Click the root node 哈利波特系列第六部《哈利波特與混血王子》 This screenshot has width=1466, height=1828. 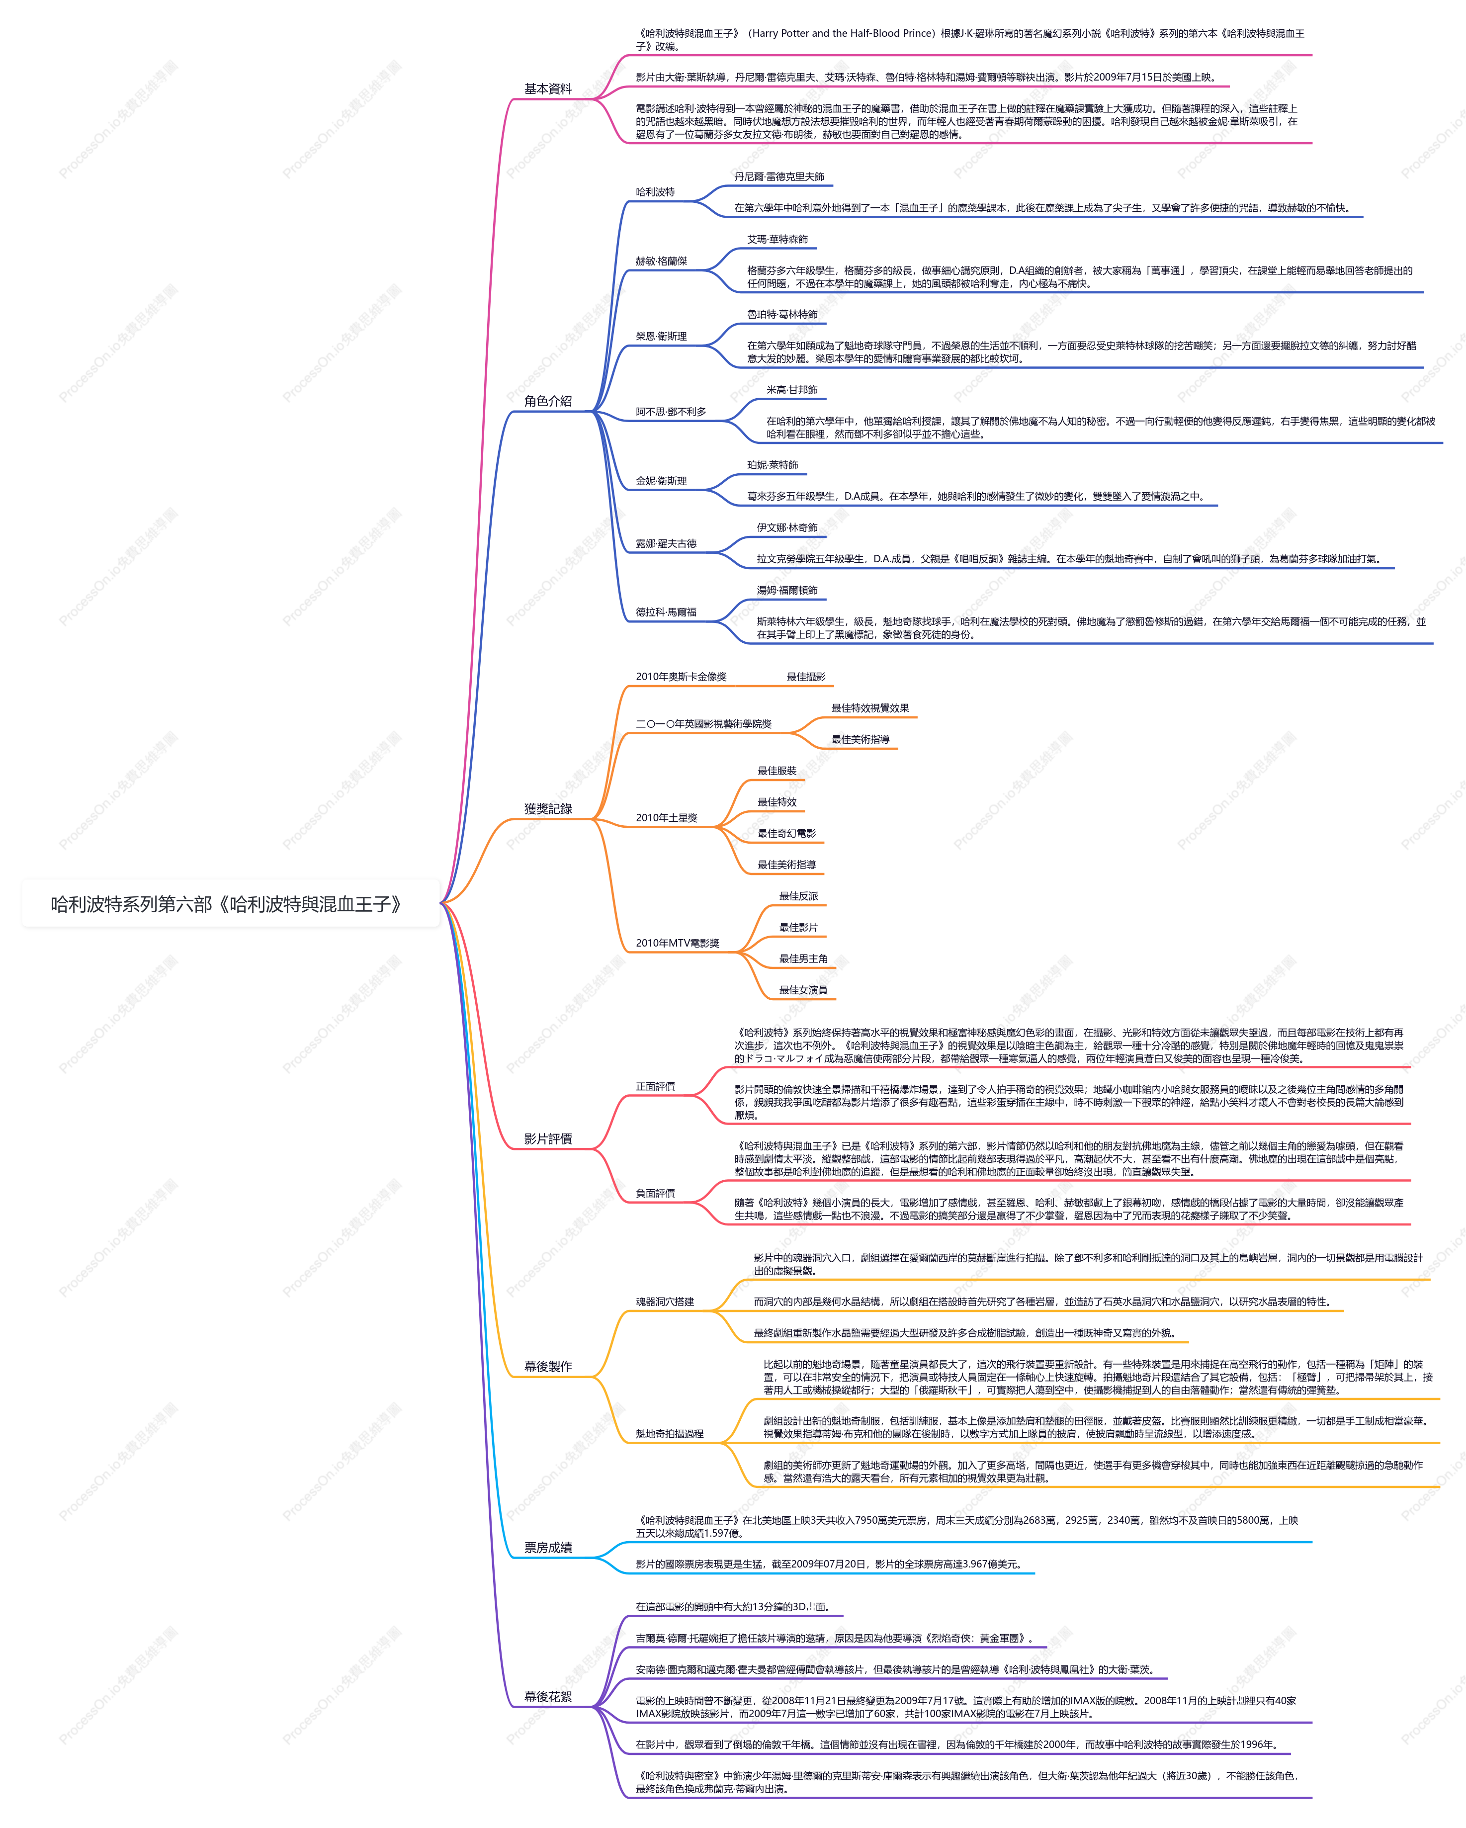pyautogui.click(x=226, y=904)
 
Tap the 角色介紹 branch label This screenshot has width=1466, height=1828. pyautogui.click(x=548, y=401)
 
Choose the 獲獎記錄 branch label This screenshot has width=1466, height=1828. pyautogui.click(x=548, y=809)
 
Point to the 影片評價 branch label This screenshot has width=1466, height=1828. pyautogui.click(x=548, y=1138)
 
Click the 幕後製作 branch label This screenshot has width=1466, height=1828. pyautogui.click(x=548, y=1366)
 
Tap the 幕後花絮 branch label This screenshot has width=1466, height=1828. pyautogui.click(x=548, y=1697)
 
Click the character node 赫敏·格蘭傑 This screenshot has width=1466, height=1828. pyautogui.click(x=661, y=261)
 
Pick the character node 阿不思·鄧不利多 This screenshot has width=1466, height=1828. pyautogui.click(x=671, y=412)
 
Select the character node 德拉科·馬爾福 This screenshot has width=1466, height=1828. pyautogui.click(x=667, y=612)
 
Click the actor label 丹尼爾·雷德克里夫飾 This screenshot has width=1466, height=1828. pyautogui.click(x=779, y=176)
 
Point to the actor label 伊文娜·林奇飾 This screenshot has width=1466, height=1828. pyautogui.click(x=787, y=527)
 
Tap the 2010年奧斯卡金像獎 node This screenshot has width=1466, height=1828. pyautogui.click(x=681, y=677)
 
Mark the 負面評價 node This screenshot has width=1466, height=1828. pyautogui.click(x=655, y=1193)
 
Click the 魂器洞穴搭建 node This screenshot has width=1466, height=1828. pyautogui.click(x=665, y=1302)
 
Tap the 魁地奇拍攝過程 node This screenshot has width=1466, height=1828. pyautogui.click(x=670, y=1434)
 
